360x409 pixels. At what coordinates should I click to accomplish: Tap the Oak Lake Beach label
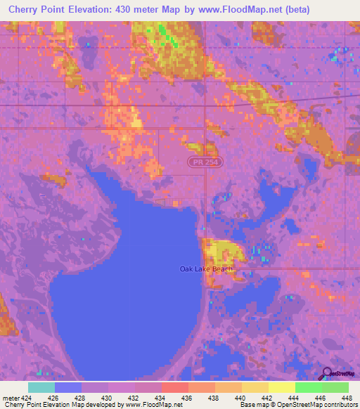(206, 269)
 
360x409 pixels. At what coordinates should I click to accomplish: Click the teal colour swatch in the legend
(41, 387)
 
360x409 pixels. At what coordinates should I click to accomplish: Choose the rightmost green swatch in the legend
(335, 387)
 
